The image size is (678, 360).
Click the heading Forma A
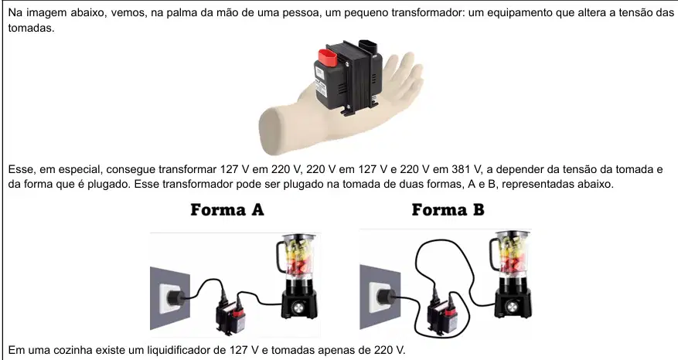pos(227,210)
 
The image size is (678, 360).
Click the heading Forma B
pos(448,210)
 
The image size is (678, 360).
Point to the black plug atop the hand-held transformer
pos(368,46)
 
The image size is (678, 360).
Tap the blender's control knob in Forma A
pos(298,307)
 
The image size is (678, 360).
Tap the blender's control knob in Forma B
pos(512,307)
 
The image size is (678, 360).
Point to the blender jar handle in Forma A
pos(280,256)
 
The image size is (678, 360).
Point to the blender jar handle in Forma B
pos(493,254)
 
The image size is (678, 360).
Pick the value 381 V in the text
pos(465,169)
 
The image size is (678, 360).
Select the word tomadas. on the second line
pos(31,29)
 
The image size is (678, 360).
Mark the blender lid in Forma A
pos(298,237)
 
